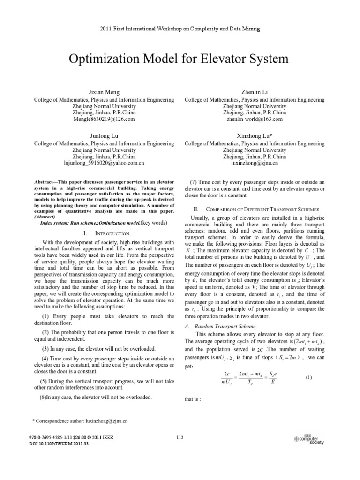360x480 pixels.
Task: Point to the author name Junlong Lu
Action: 105,136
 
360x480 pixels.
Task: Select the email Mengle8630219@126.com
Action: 105,120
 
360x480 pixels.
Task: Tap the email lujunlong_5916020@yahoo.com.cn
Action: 104,163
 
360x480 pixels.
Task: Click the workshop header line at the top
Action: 180,29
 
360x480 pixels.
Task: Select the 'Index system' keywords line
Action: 104,223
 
